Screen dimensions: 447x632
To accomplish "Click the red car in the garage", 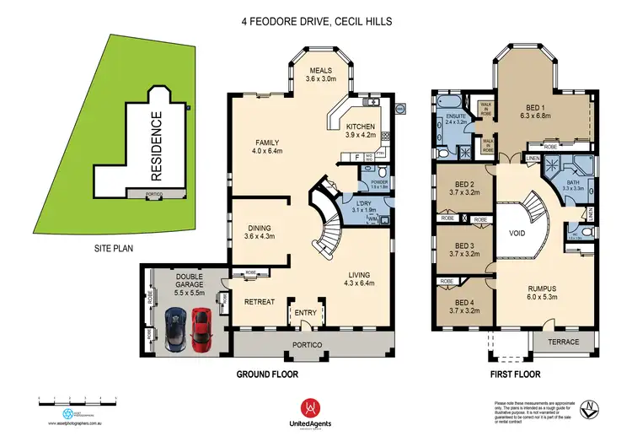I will (201, 330).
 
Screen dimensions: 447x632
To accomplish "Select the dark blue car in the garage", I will (175, 328).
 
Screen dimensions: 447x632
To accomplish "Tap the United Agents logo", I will (316, 412).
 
